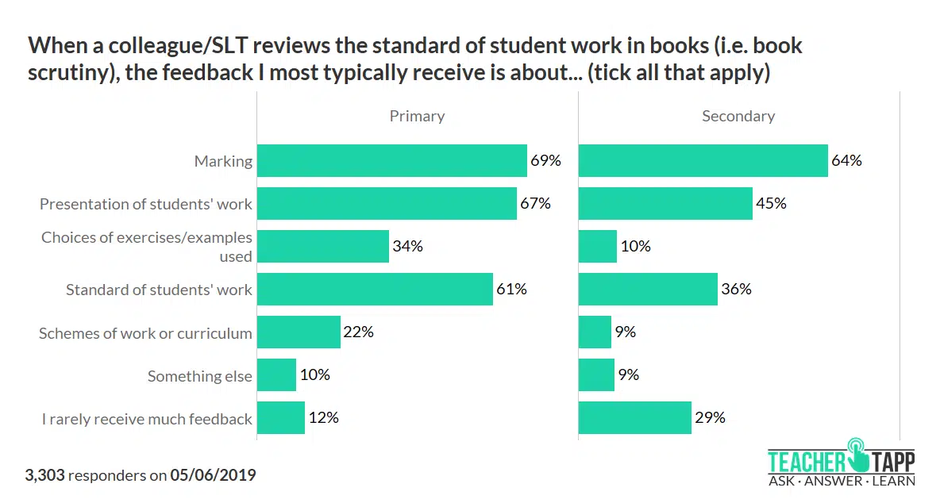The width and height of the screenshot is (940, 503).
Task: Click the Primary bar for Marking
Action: click(x=392, y=160)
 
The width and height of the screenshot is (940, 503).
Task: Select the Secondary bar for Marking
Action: click(x=703, y=160)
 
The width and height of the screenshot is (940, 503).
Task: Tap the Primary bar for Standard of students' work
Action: click(x=375, y=290)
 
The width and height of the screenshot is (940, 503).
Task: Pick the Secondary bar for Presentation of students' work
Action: click(x=665, y=204)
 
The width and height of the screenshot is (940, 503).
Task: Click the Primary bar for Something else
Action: click(x=277, y=375)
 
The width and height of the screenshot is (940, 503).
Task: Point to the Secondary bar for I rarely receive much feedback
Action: click(x=635, y=418)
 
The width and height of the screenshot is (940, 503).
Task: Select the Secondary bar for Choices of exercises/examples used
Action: click(x=598, y=247)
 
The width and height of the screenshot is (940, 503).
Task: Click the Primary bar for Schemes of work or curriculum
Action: click(x=299, y=332)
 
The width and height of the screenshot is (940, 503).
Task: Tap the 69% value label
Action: click(x=545, y=160)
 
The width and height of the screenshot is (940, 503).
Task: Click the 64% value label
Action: click(x=846, y=160)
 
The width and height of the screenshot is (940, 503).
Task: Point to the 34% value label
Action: click(x=407, y=247)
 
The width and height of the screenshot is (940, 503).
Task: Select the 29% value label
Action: click(x=710, y=418)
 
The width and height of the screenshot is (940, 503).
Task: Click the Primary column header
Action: click(x=417, y=117)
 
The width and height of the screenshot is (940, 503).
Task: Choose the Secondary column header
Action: click(x=738, y=117)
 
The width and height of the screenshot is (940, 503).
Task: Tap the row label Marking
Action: click(x=223, y=161)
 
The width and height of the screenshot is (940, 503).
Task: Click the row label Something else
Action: click(x=199, y=376)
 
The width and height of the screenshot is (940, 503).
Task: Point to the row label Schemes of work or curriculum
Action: click(x=145, y=333)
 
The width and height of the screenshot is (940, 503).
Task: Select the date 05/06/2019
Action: click(x=213, y=476)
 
